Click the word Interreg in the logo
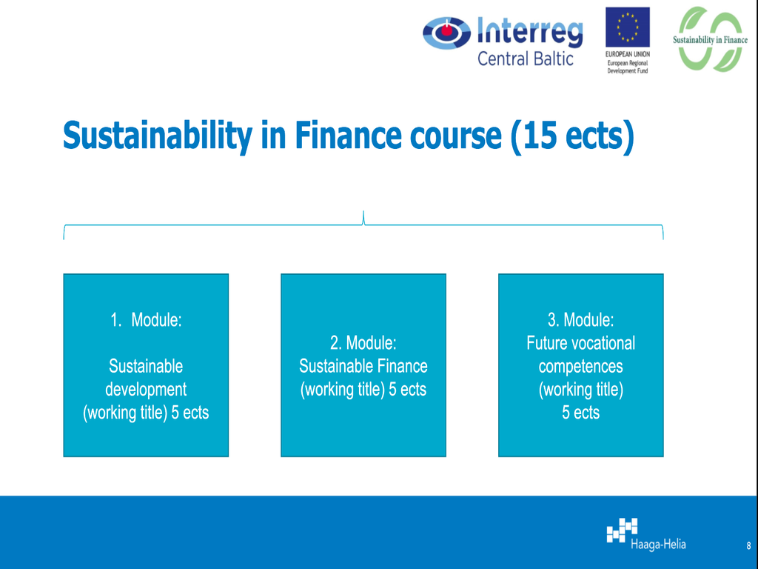530,33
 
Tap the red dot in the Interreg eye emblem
447,30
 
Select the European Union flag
628,27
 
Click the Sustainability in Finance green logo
710,39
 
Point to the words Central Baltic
526,59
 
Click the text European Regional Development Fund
628,67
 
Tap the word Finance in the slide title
348,135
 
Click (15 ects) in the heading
572,137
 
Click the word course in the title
455,137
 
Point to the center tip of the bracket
363,211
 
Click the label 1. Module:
146,320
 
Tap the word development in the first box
146,390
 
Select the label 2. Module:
363,343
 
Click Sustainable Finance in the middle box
363,366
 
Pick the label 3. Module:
580,320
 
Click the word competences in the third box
580,367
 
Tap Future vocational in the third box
580,343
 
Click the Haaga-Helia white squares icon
622,530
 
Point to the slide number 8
749,546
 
